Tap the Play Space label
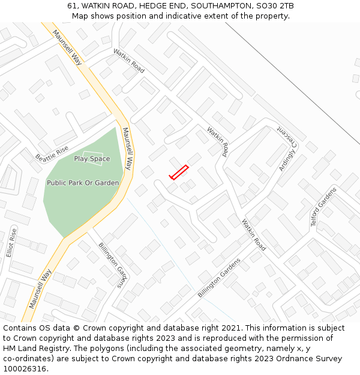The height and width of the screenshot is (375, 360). (x=92, y=159)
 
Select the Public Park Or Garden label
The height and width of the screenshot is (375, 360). (x=83, y=183)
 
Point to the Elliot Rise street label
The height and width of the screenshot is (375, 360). (x=10, y=243)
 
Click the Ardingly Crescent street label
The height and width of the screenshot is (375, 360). (x=287, y=148)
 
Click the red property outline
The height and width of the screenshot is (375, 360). (x=179, y=172)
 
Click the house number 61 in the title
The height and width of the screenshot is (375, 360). (x=72, y=6)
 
